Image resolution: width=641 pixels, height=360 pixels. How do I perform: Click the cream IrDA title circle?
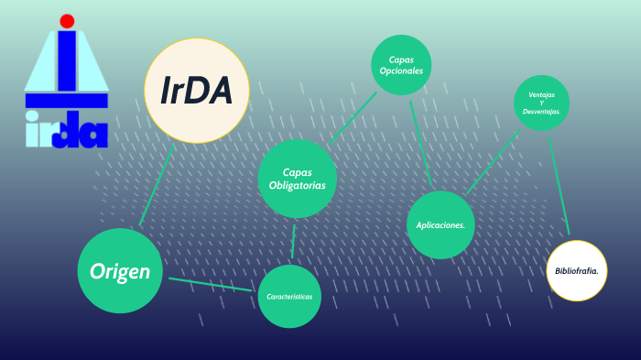[198, 91]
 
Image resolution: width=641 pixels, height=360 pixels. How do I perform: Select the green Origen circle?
[121, 270]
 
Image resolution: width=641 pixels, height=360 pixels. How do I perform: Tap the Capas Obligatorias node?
[298, 179]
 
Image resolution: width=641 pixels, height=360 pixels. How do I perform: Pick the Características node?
[289, 297]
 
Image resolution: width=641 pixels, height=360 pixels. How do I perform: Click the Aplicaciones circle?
[440, 224]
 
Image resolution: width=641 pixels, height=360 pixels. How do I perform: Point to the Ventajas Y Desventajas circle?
[542, 103]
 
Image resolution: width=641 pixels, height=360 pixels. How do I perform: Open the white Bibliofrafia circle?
[577, 270]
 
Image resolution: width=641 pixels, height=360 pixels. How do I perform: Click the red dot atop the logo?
[67, 20]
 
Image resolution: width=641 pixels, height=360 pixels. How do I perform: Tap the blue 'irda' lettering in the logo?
[67, 130]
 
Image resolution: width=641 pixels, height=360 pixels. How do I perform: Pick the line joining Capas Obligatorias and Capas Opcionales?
[353, 115]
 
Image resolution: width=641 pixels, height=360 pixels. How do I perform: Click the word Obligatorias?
[298, 186]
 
